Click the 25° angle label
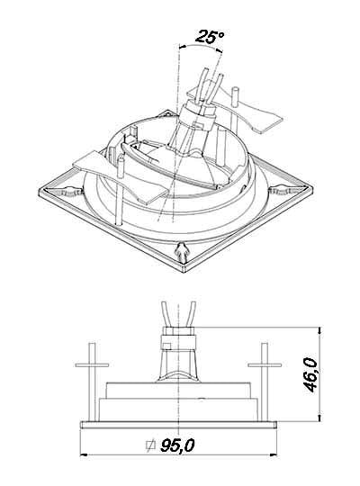click(210, 37)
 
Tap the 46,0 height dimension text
click(311, 374)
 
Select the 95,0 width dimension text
click(177, 445)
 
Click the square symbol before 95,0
click(150, 445)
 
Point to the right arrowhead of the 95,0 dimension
click(274, 455)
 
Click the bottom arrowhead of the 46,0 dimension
click(320, 418)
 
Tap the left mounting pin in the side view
click(92, 382)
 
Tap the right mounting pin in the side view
click(265, 382)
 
